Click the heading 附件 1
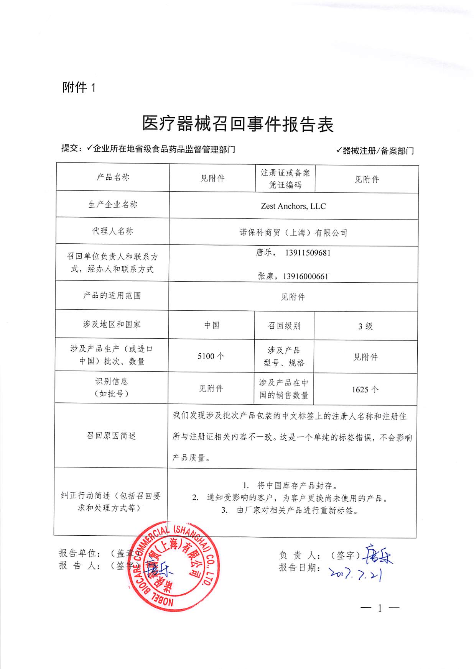click(x=79, y=88)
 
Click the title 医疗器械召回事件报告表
click(x=238, y=124)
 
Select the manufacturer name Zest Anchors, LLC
click(x=293, y=206)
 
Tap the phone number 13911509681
click(x=308, y=253)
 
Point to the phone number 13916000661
click(x=306, y=276)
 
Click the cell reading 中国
click(x=212, y=325)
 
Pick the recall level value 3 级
click(x=365, y=326)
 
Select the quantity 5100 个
click(x=211, y=356)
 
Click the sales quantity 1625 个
click(x=365, y=390)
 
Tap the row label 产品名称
click(x=113, y=177)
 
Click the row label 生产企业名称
click(x=113, y=205)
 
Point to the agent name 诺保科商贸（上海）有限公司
click(x=293, y=233)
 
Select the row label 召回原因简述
click(x=111, y=436)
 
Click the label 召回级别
click(x=284, y=326)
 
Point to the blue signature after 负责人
click(x=378, y=554)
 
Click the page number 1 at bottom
click(x=380, y=608)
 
